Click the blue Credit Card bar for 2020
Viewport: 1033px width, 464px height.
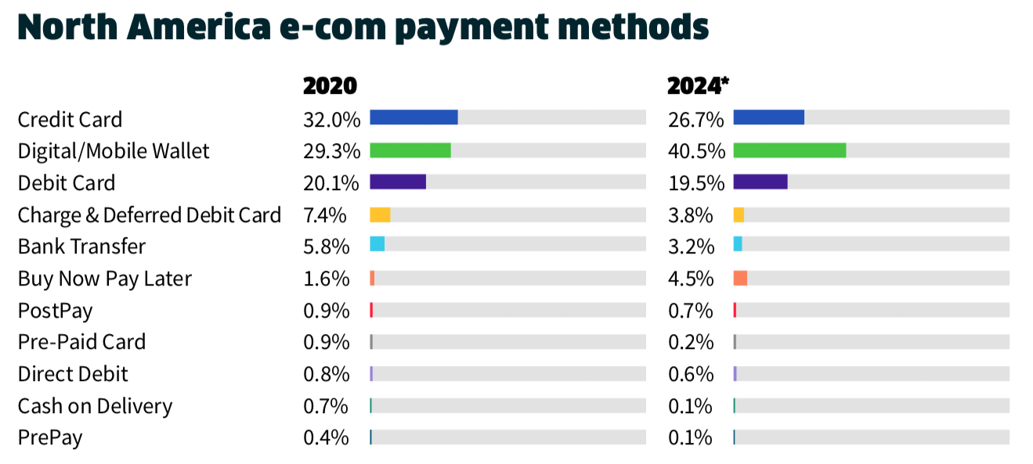414,117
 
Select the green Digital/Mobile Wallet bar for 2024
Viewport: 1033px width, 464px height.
789,149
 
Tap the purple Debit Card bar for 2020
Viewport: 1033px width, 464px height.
398,182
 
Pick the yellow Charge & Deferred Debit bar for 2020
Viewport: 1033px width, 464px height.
380,214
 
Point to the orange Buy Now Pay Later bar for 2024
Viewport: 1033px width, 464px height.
740,278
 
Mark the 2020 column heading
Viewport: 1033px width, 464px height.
330,85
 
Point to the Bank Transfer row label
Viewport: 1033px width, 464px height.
81,246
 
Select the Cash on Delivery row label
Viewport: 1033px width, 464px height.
95,406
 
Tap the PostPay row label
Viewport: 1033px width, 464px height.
55,311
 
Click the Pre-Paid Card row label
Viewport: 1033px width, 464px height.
81,342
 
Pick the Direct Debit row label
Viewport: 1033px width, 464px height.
73,374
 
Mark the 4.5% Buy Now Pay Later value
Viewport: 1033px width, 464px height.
691,279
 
